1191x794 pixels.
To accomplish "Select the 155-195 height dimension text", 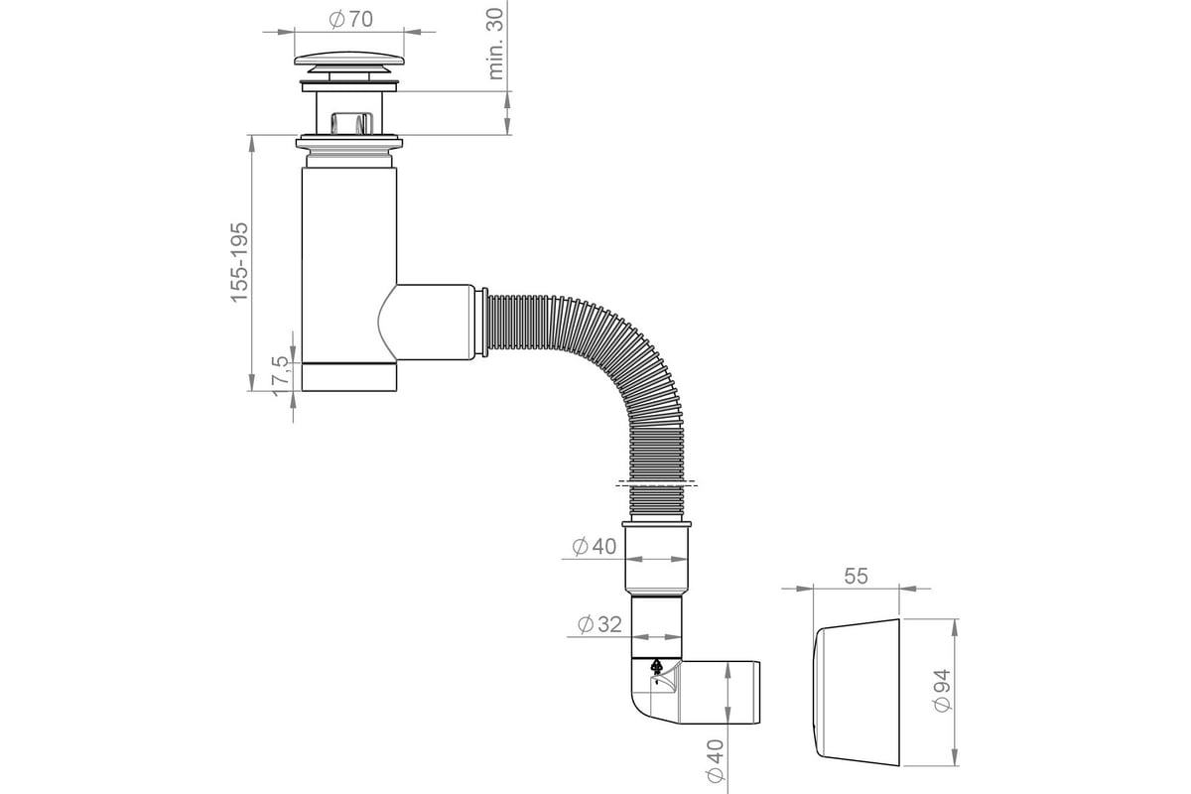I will click(241, 262).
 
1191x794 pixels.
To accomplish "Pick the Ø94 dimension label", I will click(942, 689).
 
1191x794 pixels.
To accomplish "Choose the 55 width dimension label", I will click(857, 576).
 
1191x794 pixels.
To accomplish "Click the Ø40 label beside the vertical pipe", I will click(595, 546).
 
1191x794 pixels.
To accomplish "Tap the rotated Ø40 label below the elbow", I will click(715, 759).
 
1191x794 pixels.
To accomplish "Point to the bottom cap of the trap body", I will click(349, 378).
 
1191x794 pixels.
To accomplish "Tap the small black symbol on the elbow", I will click(656, 670).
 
